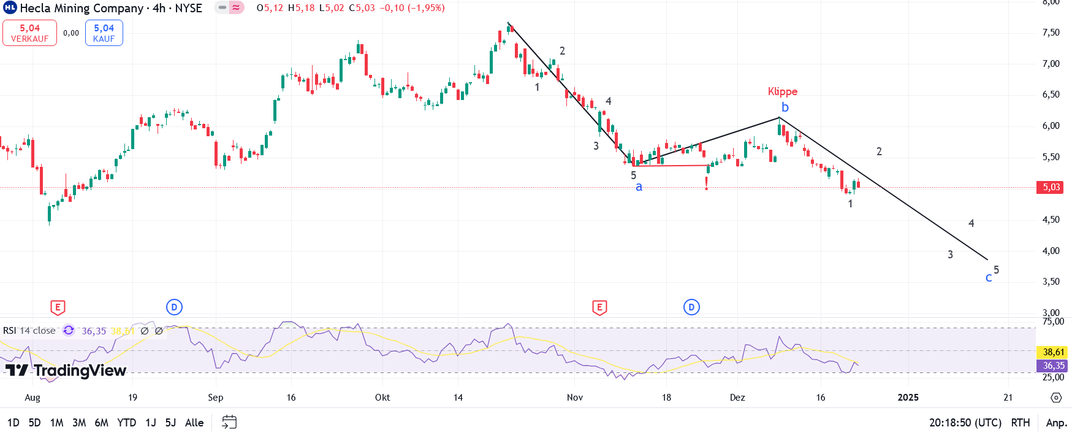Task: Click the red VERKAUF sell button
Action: [x=29, y=33]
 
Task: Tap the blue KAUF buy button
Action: [x=104, y=33]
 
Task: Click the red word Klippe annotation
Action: [x=783, y=91]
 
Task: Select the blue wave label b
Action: [x=785, y=107]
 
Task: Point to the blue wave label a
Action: [x=639, y=187]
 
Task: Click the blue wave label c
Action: [x=988, y=278]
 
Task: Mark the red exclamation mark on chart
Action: [x=707, y=183]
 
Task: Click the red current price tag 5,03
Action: [x=1051, y=187]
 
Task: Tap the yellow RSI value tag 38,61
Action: [x=1054, y=352]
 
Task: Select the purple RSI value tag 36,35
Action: [x=1054, y=366]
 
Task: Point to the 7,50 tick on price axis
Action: [x=1051, y=33]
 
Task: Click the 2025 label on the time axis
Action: [x=908, y=398]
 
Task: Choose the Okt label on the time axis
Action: [x=382, y=398]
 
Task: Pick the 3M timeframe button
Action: [x=79, y=423]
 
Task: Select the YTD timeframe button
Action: [x=126, y=423]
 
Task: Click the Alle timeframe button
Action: [x=194, y=423]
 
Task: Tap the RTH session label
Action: [x=1021, y=423]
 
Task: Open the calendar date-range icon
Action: [x=229, y=422]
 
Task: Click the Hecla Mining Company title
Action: [x=82, y=8]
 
